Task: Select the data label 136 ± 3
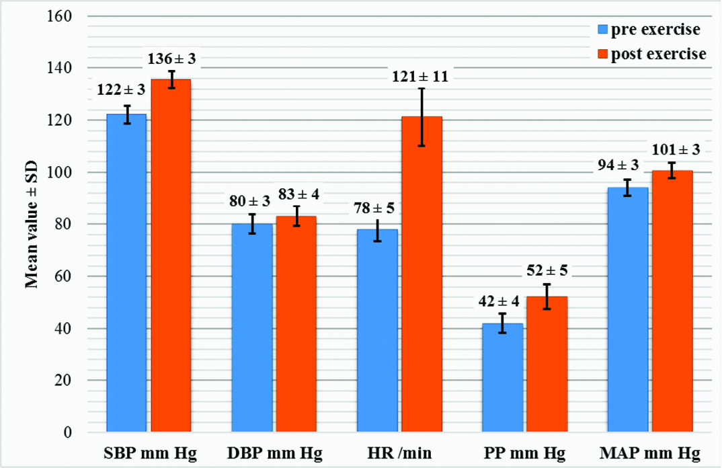pyautogui.click(x=172, y=58)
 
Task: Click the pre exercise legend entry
pyautogui.click(x=648, y=30)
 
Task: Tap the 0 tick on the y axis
pyautogui.click(x=75, y=432)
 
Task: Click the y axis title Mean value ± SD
pyautogui.click(x=31, y=225)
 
